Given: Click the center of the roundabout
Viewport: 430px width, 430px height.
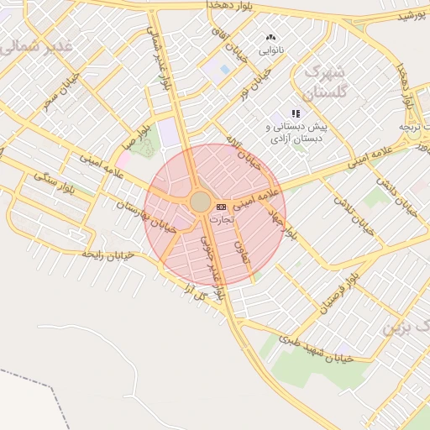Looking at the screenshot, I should (200, 202).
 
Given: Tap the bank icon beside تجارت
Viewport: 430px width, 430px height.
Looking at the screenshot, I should (221, 207).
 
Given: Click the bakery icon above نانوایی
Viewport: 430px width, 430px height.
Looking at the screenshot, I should (270, 38).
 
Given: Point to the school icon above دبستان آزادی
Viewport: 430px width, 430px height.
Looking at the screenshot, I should (295, 113).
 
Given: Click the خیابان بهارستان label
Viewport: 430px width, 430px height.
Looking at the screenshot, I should (146, 217).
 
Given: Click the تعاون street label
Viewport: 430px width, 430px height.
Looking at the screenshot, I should (244, 252).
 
